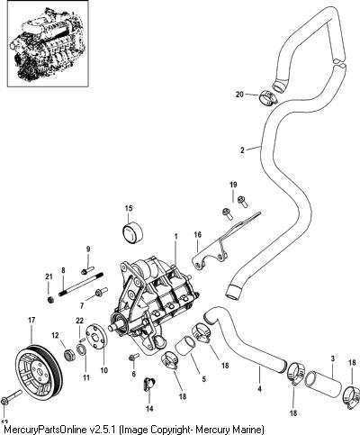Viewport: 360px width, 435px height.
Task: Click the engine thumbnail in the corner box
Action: tap(48, 43)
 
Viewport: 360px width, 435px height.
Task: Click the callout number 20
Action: tap(239, 95)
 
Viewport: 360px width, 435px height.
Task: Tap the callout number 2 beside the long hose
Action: tap(242, 150)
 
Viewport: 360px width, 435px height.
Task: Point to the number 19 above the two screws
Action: tap(233, 185)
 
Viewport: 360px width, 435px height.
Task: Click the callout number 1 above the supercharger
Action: tap(176, 237)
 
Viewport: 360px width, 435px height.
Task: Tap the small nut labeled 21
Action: tap(51, 299)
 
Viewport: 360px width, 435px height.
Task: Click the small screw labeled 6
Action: tap(133, 357)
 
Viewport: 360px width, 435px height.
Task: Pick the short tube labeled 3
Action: tap(323, 381)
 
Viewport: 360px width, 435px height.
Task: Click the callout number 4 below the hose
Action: tap(259, 389)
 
